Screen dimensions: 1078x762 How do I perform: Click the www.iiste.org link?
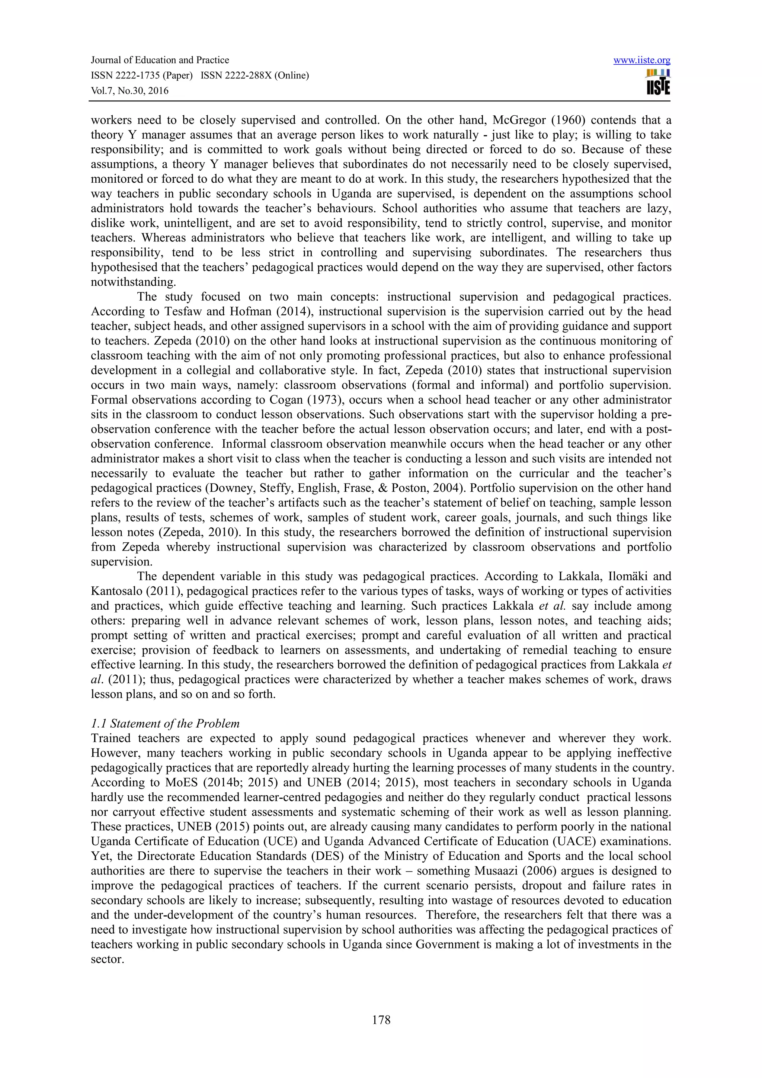tap(641, 60)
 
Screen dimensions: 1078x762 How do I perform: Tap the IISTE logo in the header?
tap(658, 83)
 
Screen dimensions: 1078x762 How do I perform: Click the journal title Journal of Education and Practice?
tap(160, 60)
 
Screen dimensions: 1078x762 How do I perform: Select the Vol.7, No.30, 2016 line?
tap(129, 91)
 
